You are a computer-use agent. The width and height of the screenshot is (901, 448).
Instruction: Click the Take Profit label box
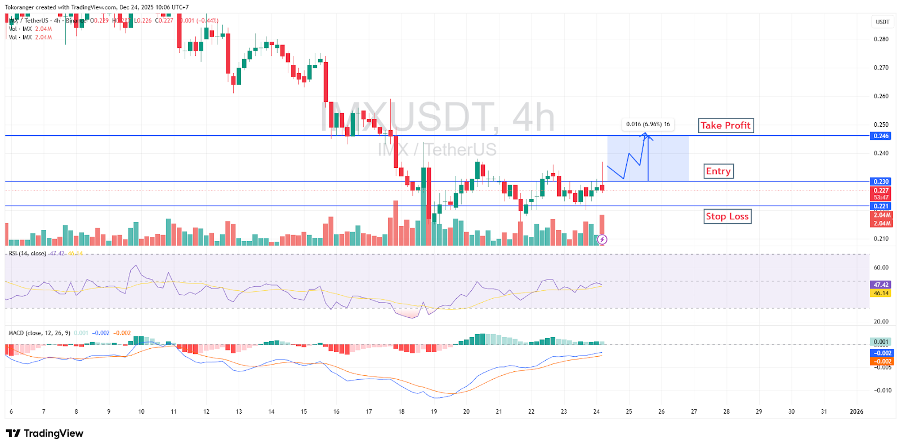pyautogui.click(x=725, y=125)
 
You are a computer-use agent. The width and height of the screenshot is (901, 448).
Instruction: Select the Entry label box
pyautogui.click(x=719, y=171)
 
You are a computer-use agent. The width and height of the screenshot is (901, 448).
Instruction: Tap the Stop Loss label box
pyautogui.click(x=727, y=216)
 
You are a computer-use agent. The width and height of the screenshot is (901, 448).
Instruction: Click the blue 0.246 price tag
pyautogui.click(x=881, y=136)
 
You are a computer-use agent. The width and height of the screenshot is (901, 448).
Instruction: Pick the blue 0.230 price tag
pyautogui.click(x=881, y=181)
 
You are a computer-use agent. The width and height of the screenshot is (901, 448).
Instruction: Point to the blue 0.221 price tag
pyautogui.click(x=881, y=206)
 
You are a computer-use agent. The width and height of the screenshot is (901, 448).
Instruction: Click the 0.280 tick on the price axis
pyautogui.click(x=881, y=39)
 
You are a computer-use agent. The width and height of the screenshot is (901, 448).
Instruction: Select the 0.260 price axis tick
pyautogui.click(x=881, y=96)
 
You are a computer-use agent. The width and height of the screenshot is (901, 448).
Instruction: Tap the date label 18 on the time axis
pyautogui.click(x=402, y=411)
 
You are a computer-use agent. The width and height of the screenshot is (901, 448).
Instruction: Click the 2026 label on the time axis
pyautogui.click(x=856, y=411)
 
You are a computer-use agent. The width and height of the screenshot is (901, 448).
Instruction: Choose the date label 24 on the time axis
pyautogui.click(x=596, y=411)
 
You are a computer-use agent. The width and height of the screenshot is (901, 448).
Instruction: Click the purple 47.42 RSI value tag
pyautogui.click(x=881, y=285)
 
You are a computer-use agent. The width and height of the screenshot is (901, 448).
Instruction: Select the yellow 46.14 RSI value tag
pyautogui.click(x=881, y=293)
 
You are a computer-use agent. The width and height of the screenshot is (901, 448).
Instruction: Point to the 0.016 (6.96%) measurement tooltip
pyautogui.click(x=648, y=124)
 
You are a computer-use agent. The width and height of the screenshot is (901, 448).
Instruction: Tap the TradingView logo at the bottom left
pyautogui.click(x=44, y=433)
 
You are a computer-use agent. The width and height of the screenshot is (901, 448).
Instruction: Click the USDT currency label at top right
pyautogui.click(x=882, y=22)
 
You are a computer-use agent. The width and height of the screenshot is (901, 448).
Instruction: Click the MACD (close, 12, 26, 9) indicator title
pyautogui.click(x=39, y=333)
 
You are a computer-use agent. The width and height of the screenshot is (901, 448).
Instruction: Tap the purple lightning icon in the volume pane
pyautogui.click(x=602, y=239)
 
